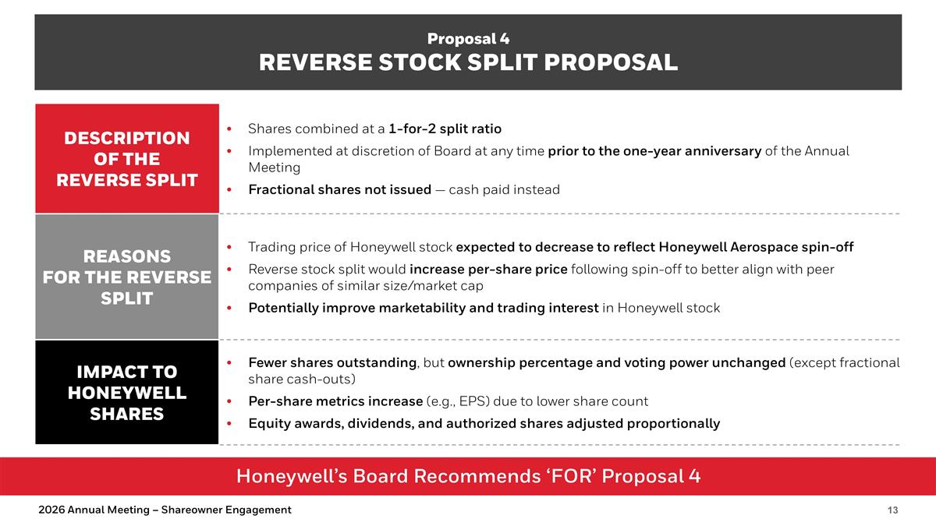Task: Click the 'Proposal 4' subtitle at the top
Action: pyautogui.click(x=468, y=38)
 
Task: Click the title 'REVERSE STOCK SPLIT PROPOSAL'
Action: pyautogui.click(x=468, y=62)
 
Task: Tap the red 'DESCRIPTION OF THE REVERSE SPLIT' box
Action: pyautogui.click(x=126, y=159)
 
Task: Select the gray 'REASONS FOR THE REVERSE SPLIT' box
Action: pyautogui.click(x=126, y=277)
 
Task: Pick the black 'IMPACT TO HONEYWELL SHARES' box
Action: pyautogui.click(x=126, y=393)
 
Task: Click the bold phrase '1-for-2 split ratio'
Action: pyautogui.click(x=445, y=129)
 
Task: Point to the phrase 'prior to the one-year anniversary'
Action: pyautogui.click(x=654, y=151)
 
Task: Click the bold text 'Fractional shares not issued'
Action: pyautogui.click(x=339, y=190)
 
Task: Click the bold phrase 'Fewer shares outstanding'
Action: pyautogui.click(x=332, y=363)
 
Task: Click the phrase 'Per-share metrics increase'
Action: pyautogui.click(x=335, y=402)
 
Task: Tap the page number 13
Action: pyautogui.click(x=892, y=510)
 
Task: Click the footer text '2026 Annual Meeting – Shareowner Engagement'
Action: pyautogui.click(x=165, y=510)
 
